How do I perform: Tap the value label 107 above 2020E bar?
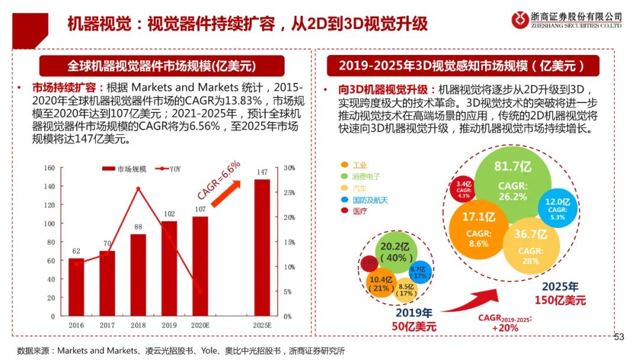[200, 209]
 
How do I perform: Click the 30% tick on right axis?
[289, 168]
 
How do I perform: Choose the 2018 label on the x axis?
[138, 325]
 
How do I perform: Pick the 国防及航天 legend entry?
[370, 200]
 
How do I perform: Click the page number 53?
[619, 337]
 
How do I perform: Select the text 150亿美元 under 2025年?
[560, 301]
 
